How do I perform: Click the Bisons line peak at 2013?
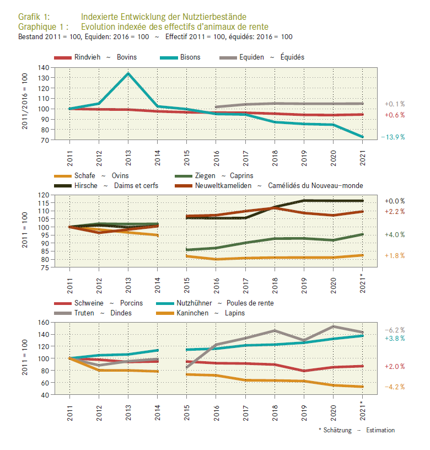pyautogui.click(x=128, y=73)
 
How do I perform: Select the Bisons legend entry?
pyautogui.click(x=180, y=57)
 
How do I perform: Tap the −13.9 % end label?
pyautogui.click(x=393, y=137)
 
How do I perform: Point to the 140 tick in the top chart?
pyautogui.click(x=44, y=67)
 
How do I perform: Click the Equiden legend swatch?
pyautogui.click(x=228, y=58)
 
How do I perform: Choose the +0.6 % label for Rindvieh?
pyautogui.click(x=395, y=115)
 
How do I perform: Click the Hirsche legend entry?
pyautogui.click(x=106, y=186)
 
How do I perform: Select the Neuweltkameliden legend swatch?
pyautogui.click(x=184, y=186)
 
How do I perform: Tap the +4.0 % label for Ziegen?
pyautogui.click(x=395, y=235)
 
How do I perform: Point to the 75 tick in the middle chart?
pyautogui.click(x=45, y=267)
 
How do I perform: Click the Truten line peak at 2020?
pyautogui.click(x=333, y=326)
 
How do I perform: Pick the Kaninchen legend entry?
pyautogui.click(x=201, y=313)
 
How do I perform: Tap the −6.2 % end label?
pyautogui.click(x=395, y=330)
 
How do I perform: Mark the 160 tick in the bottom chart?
pyautogui.click(x=44, y=322)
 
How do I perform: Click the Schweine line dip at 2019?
pyautogui.click(x=304, y=371)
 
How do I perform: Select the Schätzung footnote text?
pyautogui.click(x=337, y=430)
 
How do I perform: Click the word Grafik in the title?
pyautogui.click(x=30, y=17)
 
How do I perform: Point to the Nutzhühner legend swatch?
pyautogui.click(x=165, y=303)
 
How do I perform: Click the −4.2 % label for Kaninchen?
pyautogui.click(x=395, y=387)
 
